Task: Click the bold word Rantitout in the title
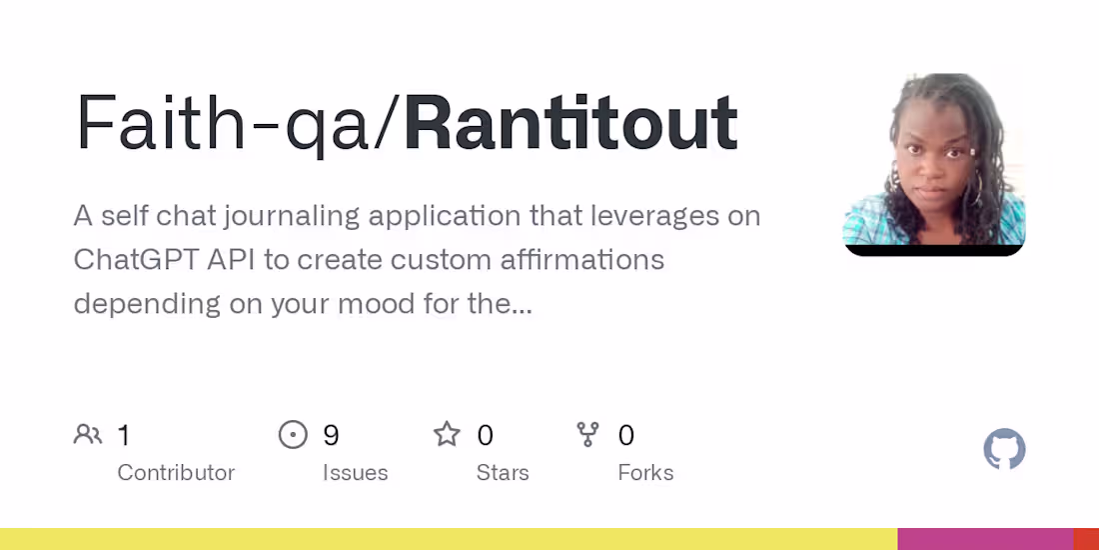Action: coord(570,125)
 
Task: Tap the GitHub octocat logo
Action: coord(1004,450)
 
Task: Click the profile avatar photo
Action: coord(934,164)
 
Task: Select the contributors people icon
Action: coord(88,435)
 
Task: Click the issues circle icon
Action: coord(293,435)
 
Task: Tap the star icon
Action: coord(447,435)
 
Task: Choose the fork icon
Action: coord(587,435)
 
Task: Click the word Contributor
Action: coord(176,473)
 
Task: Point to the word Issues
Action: coord(355,473)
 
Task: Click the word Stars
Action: coord(503,473)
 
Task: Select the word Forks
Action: coord(645,473)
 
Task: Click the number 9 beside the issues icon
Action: coord(332,435)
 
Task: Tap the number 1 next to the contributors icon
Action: coord(124,435)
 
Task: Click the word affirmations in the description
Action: coord(578,260)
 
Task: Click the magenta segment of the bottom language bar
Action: coord(985,539)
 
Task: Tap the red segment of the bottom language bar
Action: coord(1086,539)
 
